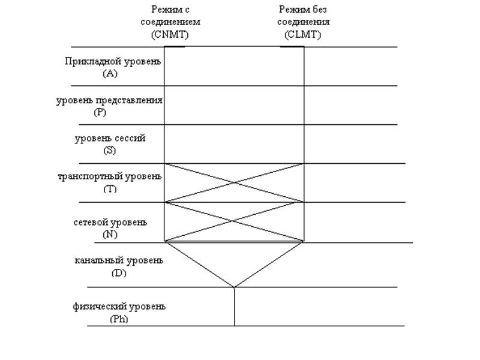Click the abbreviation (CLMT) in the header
303,34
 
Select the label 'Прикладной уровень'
113,62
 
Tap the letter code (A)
110,73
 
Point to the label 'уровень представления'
110,100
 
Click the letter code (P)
100,112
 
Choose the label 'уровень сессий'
110,139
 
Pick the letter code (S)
109,150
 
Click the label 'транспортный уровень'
110,177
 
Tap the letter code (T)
110,188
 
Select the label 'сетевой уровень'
110,223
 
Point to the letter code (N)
110,234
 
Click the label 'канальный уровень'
119,261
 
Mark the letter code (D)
119,272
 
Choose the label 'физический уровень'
119,307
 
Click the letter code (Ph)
119,319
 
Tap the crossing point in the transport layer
235,182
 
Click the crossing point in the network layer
232,221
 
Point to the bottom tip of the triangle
235,287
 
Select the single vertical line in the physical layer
235,307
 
